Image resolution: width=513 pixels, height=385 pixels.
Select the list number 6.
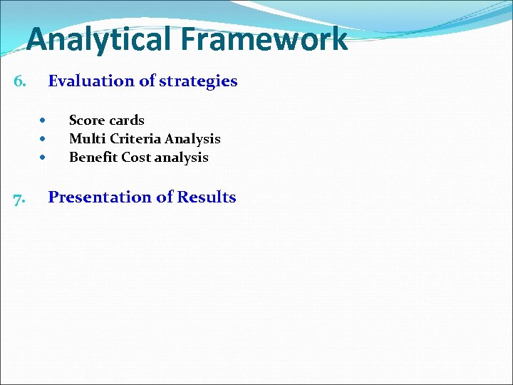coord(20,81)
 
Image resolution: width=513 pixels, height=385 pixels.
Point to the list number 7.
coord(20,198)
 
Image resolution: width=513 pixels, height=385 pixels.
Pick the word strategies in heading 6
coord(198,81)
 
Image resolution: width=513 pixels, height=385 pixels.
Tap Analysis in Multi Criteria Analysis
coord(192,139)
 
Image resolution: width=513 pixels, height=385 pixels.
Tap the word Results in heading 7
coord(207,197)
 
